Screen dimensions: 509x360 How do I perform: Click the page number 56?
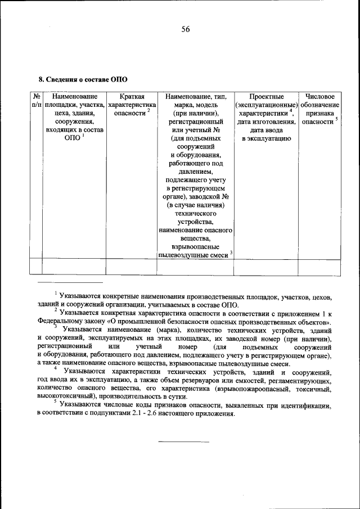pos(185,30)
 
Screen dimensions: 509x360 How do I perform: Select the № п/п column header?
pos(36,101)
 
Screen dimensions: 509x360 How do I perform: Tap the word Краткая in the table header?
pos(131,97)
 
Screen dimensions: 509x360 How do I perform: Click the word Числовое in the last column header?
pos(319,97)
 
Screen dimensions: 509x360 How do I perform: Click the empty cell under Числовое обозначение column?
pos(319,266)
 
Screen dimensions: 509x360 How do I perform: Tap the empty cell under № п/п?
pos(36,266)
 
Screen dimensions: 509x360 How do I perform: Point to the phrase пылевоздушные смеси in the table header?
pos(192,254)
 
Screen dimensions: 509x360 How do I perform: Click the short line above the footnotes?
pos(70,282)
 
